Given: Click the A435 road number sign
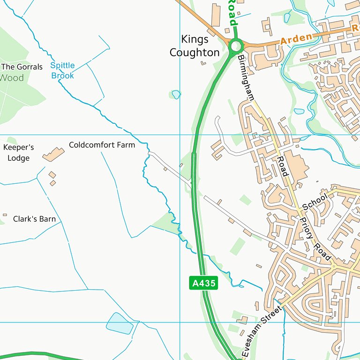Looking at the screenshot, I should point(204,283).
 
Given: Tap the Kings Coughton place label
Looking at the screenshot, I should point(195,46).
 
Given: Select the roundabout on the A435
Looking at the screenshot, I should point(235,46).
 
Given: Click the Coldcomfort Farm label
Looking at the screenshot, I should point(102,145).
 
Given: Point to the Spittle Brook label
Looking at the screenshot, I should point(62,71).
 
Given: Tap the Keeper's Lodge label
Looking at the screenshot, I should point(19,153).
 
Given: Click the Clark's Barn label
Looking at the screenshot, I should point(34,219).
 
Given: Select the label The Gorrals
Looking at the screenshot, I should point(22,67).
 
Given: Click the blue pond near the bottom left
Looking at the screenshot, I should point(120,323).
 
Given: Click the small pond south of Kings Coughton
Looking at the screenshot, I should point(176,94).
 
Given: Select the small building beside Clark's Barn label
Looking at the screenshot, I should point(5,215).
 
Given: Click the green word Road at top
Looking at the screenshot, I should point(232,13).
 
